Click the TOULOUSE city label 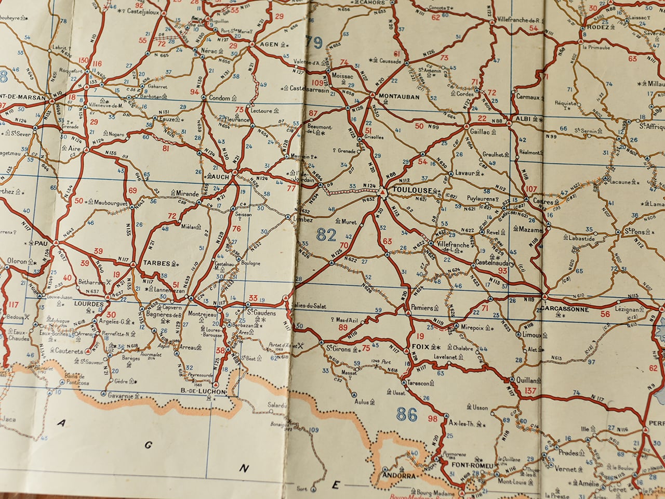408,190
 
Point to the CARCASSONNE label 564,309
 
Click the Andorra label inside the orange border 398,475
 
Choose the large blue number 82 326,235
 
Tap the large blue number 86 407,414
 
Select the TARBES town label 156,264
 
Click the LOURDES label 89,303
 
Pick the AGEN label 269,45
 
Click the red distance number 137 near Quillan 530,391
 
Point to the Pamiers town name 421,308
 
